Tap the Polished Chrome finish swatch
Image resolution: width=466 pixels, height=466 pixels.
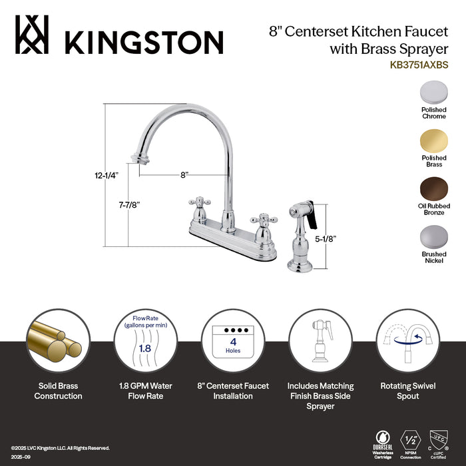tap(433, 93)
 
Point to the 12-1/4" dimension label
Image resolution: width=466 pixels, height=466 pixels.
tap(106, 176)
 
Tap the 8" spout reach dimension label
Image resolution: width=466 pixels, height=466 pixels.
tap(184, 174)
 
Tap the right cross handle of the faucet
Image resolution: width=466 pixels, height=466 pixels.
tap(258, 220)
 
